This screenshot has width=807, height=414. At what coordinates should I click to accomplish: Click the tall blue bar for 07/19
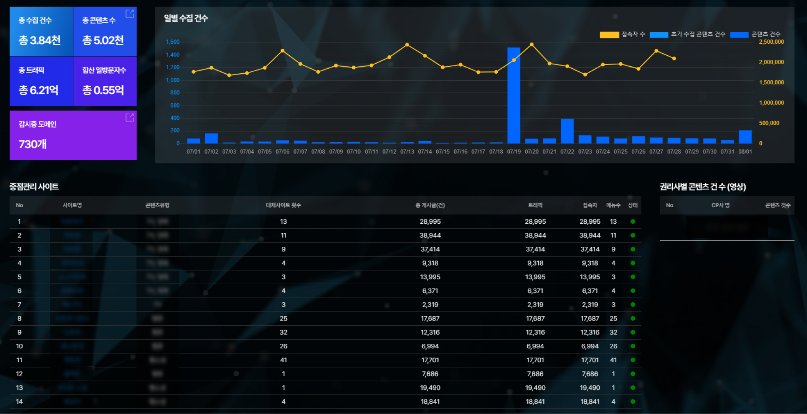point(514,96)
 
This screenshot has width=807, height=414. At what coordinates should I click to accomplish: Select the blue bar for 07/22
point(567,131)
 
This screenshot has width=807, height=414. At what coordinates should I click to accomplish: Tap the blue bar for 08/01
point(745,137)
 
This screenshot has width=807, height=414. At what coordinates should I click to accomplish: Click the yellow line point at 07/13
point(407,45)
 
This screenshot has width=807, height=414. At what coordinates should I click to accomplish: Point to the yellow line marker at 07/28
point(674,59)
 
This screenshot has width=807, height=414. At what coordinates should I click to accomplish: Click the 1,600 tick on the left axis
point(173,42)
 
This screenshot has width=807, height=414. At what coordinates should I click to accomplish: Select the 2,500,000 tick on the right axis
point(771,42)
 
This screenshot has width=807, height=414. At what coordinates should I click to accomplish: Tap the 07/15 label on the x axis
point(442,152)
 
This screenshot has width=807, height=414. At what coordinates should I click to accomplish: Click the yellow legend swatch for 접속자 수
point(609,35)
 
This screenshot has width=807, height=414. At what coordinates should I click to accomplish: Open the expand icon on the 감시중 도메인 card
point(130,117)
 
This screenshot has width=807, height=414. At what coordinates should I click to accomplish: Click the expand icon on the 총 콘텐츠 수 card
point(130,13)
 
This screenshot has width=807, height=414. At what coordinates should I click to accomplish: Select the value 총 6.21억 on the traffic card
point(39,90)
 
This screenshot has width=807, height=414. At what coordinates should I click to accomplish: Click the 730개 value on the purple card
point(33,144)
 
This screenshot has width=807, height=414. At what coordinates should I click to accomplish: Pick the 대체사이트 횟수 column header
point(283,205)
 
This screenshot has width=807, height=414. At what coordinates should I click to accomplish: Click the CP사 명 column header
point(720,205)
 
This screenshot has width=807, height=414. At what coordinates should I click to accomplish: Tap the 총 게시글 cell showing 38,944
point(430,235)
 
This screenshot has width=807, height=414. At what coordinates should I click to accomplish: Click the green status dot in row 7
point(633,305)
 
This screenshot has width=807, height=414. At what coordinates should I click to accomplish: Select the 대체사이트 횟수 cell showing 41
point(283,360)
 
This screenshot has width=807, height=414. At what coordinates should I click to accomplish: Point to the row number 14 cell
point(19,401)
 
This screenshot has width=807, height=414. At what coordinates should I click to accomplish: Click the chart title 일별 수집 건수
point(186,18)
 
